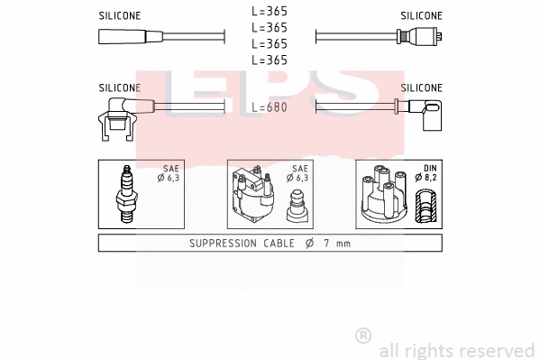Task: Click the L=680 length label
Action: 270,106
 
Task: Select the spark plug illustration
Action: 127,195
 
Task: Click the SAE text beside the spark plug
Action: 169,169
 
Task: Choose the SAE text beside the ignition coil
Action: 300,169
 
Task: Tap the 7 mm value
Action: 338,244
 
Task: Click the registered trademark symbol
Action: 363,336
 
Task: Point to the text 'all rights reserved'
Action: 456,350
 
